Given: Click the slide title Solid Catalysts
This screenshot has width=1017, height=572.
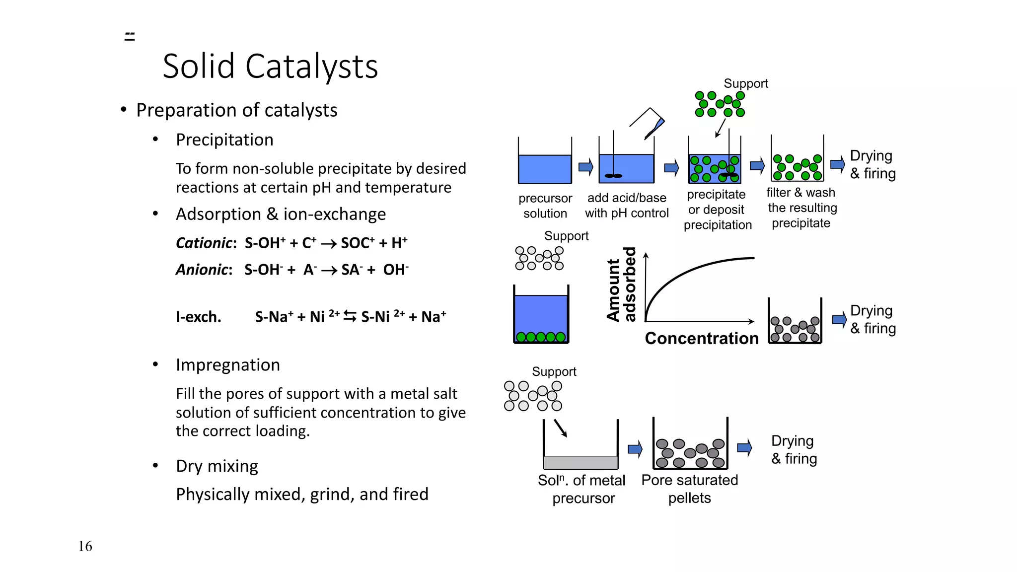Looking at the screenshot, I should click(x=270, y=66).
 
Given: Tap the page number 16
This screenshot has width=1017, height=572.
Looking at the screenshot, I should click(x=85, y=546).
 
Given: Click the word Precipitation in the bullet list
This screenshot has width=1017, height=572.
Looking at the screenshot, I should click(x=224, y=140).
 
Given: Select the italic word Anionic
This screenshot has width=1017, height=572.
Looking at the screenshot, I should click(x=203, y=270).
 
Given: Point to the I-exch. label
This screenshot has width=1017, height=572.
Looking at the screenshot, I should click(x=198, y=317).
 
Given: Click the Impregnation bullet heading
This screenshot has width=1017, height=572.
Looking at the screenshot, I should click(x=227, y=365).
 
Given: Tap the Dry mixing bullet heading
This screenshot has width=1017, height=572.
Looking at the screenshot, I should click(x=217, y=466).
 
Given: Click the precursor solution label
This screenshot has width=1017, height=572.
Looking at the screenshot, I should click(x=545, y=206).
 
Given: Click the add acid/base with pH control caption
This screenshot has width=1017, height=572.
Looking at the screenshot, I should click(x=627, y=206).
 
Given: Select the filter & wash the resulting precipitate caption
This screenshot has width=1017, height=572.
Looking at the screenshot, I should click(x=801, y=208).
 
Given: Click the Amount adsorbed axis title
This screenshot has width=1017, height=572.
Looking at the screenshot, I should click(x=621, y=285).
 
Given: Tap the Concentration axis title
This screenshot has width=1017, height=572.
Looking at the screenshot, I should click(x=701, y=339).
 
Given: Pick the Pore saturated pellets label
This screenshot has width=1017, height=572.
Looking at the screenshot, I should click(x=689, y=489).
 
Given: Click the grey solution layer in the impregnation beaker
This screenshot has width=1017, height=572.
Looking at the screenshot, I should click(x=581, y=462).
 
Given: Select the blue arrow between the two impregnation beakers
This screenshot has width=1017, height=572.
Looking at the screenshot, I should click(x=635, y=449).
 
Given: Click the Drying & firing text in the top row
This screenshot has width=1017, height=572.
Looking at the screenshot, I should click(x=872, y=165).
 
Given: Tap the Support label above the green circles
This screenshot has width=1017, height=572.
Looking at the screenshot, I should click(x=745, y=83).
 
